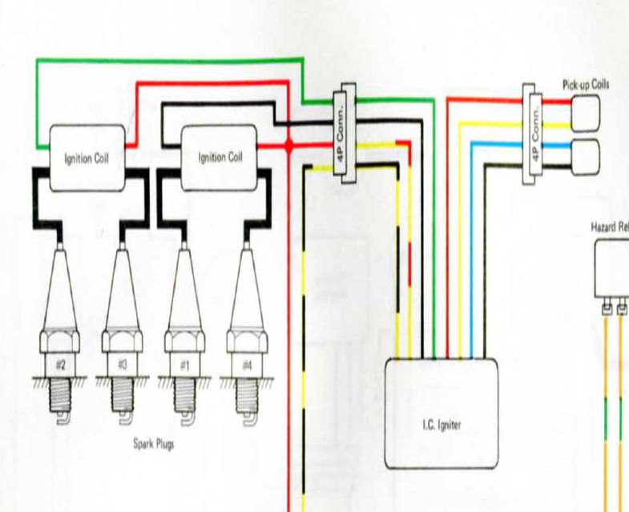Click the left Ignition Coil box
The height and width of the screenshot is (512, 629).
pos(87,158)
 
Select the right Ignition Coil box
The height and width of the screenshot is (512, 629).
pos(220,158)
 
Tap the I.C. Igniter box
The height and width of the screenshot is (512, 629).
pos(442,413)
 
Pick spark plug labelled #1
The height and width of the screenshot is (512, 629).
pos(184,321)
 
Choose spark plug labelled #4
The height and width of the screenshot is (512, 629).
pos(247,321)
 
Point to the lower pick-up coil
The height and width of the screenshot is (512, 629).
pos(586,154)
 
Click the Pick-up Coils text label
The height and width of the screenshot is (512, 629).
pos(588,83)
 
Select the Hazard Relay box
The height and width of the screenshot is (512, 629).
pos(612,268)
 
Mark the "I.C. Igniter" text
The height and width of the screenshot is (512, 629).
pos(442,425)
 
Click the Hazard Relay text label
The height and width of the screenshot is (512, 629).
pos(610,227)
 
